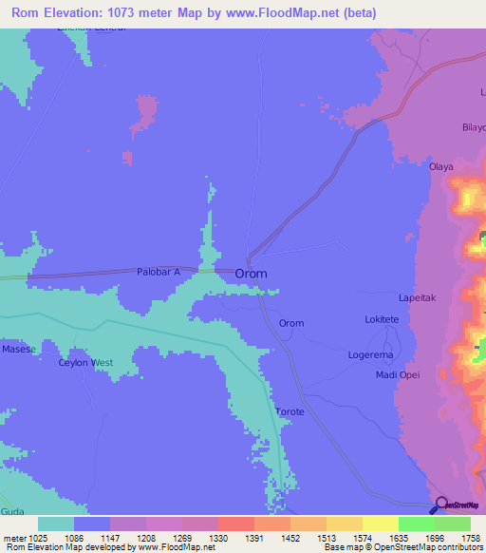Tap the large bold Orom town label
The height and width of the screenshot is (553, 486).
251,273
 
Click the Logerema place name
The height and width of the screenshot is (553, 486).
371,354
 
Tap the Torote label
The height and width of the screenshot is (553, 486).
290,411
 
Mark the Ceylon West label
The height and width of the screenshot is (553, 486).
85,363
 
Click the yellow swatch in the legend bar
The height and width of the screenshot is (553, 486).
380,524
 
